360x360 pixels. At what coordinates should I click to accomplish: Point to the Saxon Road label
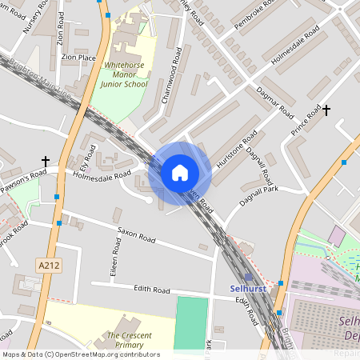point(136,238)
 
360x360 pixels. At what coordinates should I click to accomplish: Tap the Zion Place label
point(78,58)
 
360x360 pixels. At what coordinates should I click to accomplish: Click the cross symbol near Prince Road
point(326,109)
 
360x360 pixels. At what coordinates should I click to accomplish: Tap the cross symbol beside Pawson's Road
point(46,162)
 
